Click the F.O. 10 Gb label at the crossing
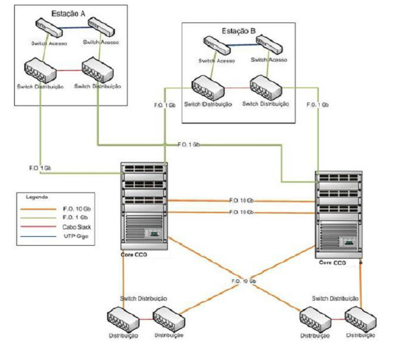tap(244, 281)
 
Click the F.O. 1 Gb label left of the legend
tap(41, 169)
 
